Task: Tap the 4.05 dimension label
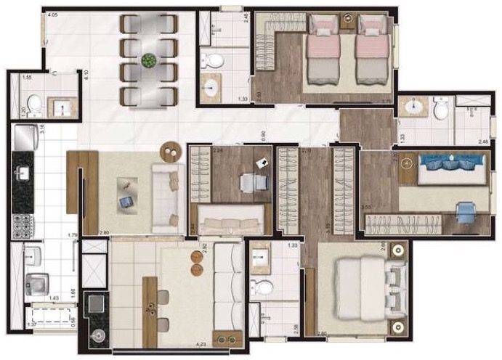(x=52, y=15)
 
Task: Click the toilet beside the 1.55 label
(x=33, y=105)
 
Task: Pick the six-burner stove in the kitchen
(x=21, y=225)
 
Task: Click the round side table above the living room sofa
(x=171, y=150)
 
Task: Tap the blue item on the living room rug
(x=126, y=199)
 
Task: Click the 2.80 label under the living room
(x=103, y=233)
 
